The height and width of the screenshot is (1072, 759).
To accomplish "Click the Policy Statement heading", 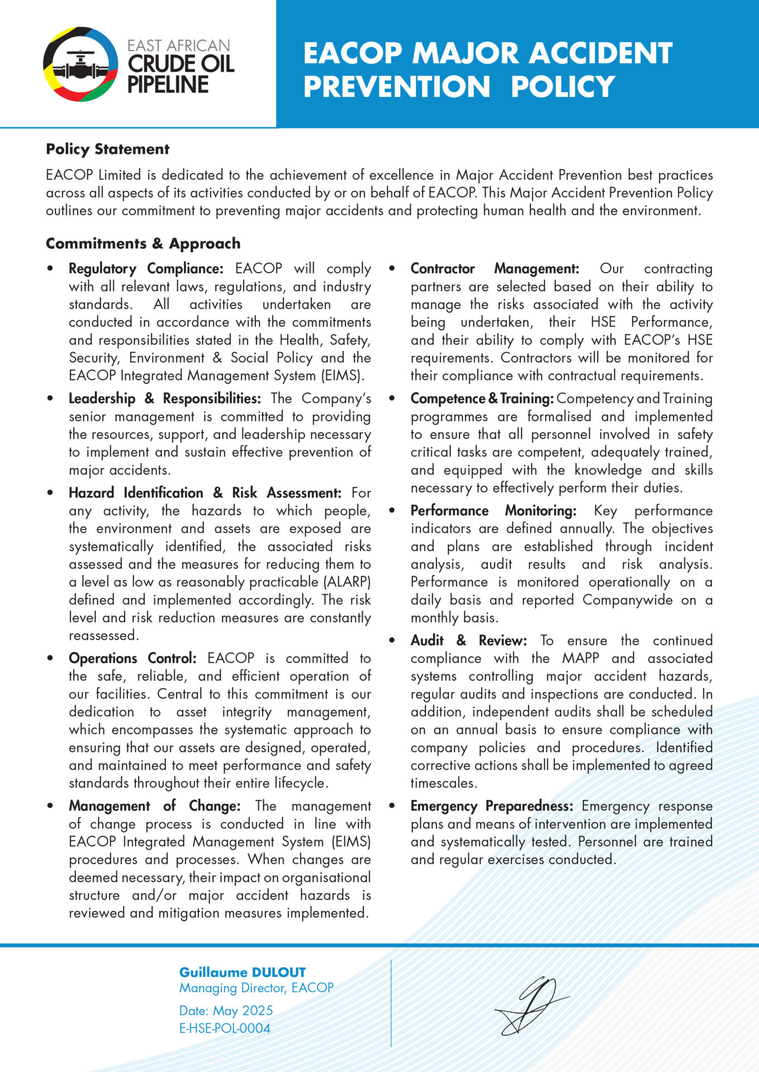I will [x=107, y=149].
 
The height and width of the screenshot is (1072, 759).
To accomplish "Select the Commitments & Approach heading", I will [x=143, y=243].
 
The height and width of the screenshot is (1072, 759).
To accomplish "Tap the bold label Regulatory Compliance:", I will [x=146, y=269].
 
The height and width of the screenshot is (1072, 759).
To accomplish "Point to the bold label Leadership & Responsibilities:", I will [x=164, y=399].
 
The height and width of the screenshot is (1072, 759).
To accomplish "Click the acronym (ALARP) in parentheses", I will [x=347, y=582].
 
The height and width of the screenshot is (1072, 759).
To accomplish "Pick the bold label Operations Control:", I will [x=132, y=658].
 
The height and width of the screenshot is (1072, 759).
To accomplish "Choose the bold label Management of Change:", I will [x=154, y=806].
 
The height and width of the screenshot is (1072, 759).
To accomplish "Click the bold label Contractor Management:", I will [x=495, y=269].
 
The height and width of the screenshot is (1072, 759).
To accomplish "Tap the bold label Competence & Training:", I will [x=482, y=399].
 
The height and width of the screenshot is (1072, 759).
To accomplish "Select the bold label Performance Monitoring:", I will [x=494, y=511].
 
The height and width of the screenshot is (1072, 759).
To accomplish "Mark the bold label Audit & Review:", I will [x=468, y=640].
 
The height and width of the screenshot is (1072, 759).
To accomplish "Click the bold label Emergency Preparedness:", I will [x=492, y=806].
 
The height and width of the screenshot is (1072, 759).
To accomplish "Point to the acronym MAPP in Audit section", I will [x=581, y=658].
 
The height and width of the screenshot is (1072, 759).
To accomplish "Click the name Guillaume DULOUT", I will [x=243, y=972].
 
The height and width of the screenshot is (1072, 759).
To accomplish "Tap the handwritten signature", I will [x=531, y=1005].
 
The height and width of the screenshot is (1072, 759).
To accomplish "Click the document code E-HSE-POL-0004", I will [x=225, y=1028].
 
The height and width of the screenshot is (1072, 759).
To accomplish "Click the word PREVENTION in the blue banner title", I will [x=397, y=87].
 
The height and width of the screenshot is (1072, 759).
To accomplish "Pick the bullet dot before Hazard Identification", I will [x=50, y=493].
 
